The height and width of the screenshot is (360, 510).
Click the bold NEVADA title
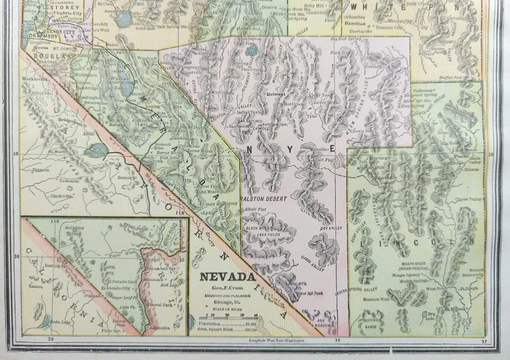(227, 277)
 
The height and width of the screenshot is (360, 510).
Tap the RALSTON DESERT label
(263, 199)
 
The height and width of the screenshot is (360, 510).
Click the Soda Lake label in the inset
(55, 322)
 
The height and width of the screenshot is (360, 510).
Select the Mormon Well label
(375, 299)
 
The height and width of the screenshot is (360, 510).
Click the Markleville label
(35, 78)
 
